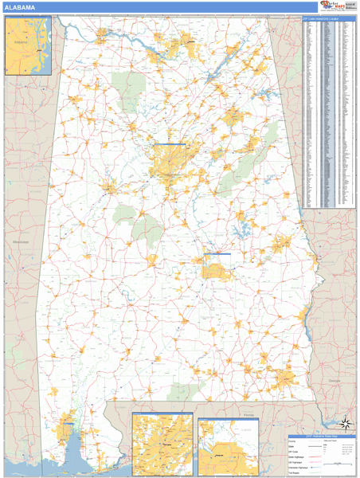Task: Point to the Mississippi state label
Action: click(21, 241)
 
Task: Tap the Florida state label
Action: click(248, 415)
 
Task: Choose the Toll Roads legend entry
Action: click(296, 473)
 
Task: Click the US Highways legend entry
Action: click(298, 461)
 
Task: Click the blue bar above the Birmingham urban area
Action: click(169, 144)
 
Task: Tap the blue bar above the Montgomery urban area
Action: click(217, 254)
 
